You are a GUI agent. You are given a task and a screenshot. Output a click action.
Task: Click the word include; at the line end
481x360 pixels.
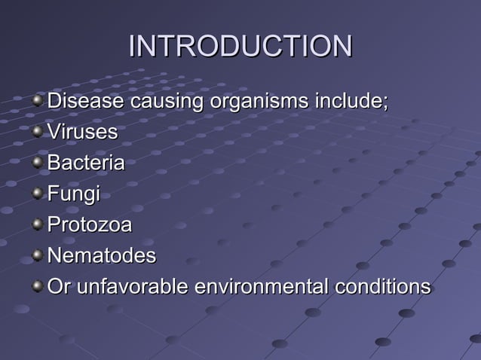coord(351,101)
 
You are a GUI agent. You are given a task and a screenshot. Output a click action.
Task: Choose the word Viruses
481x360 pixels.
coord(82,132)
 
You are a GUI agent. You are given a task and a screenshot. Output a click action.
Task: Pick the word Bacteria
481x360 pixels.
coord(86,163)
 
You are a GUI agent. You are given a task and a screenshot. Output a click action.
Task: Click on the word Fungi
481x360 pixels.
coord(73,194)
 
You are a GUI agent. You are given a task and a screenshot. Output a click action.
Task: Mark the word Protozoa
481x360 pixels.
coord(89,224)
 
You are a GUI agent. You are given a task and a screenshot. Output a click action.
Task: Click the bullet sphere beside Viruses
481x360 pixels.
coord(38,133)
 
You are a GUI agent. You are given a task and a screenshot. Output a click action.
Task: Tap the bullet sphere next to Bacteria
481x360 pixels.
coord(38,163)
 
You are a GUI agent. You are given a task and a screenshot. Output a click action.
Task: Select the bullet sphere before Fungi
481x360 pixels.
coord(38,194)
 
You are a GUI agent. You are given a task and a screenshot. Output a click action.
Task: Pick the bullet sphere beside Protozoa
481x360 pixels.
coord(38,225)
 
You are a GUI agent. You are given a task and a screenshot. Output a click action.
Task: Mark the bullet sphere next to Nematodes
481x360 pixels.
coord(38,256)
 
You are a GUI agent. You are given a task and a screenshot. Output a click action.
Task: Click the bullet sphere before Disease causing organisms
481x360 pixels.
coord(38,102)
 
